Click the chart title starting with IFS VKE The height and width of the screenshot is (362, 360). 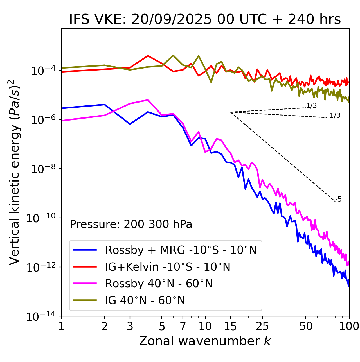click(205, 19)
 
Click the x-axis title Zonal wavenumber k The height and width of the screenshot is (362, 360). click(205, 341)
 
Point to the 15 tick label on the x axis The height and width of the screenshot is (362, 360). click(230, 326)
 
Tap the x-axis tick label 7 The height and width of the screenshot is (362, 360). click(183, 326)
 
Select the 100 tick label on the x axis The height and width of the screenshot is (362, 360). click(349, 326)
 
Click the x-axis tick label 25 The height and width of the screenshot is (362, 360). click(262, 326)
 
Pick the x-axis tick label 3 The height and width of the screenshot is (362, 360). click(130, 326)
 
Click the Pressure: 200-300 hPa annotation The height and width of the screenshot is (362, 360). click(131, 224)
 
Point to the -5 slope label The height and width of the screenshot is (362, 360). click(338, 199)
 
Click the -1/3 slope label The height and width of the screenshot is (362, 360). click(334, 115)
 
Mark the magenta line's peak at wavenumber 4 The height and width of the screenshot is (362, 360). click(148, 100)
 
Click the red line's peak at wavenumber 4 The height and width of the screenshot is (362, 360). click(148, 56)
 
